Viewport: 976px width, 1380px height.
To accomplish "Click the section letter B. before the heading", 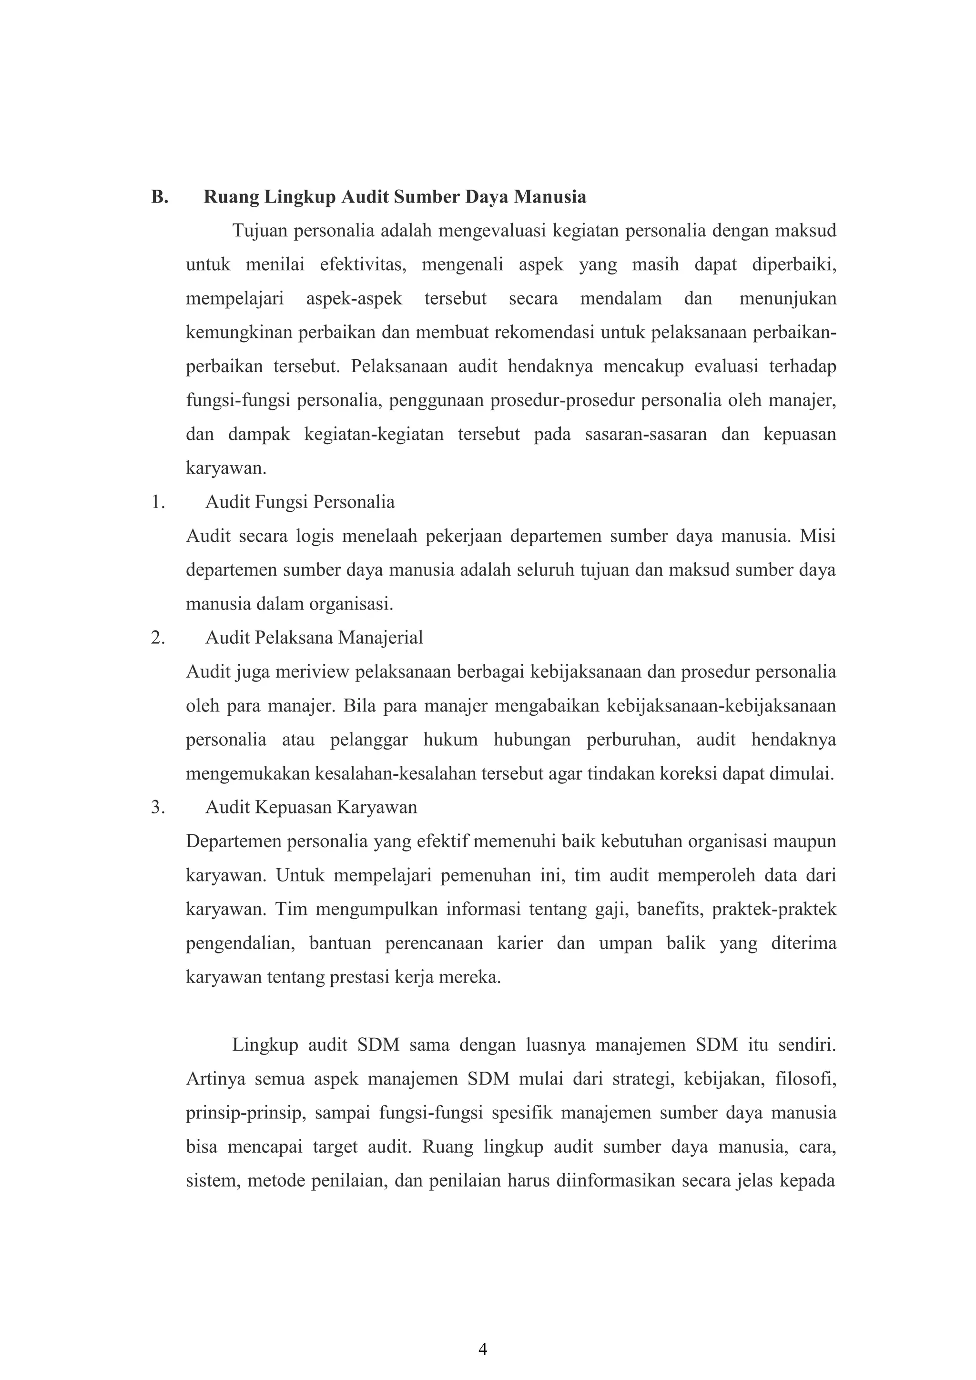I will [159, 197].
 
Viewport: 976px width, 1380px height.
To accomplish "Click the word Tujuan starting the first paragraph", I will [259, 231].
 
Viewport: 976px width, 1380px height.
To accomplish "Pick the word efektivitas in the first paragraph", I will [362, 265].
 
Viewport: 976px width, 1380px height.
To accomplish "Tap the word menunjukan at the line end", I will [787, 299].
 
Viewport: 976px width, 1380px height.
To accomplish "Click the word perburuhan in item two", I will [633, 739].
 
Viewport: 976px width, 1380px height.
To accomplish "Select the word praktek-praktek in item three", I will [774, 909].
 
